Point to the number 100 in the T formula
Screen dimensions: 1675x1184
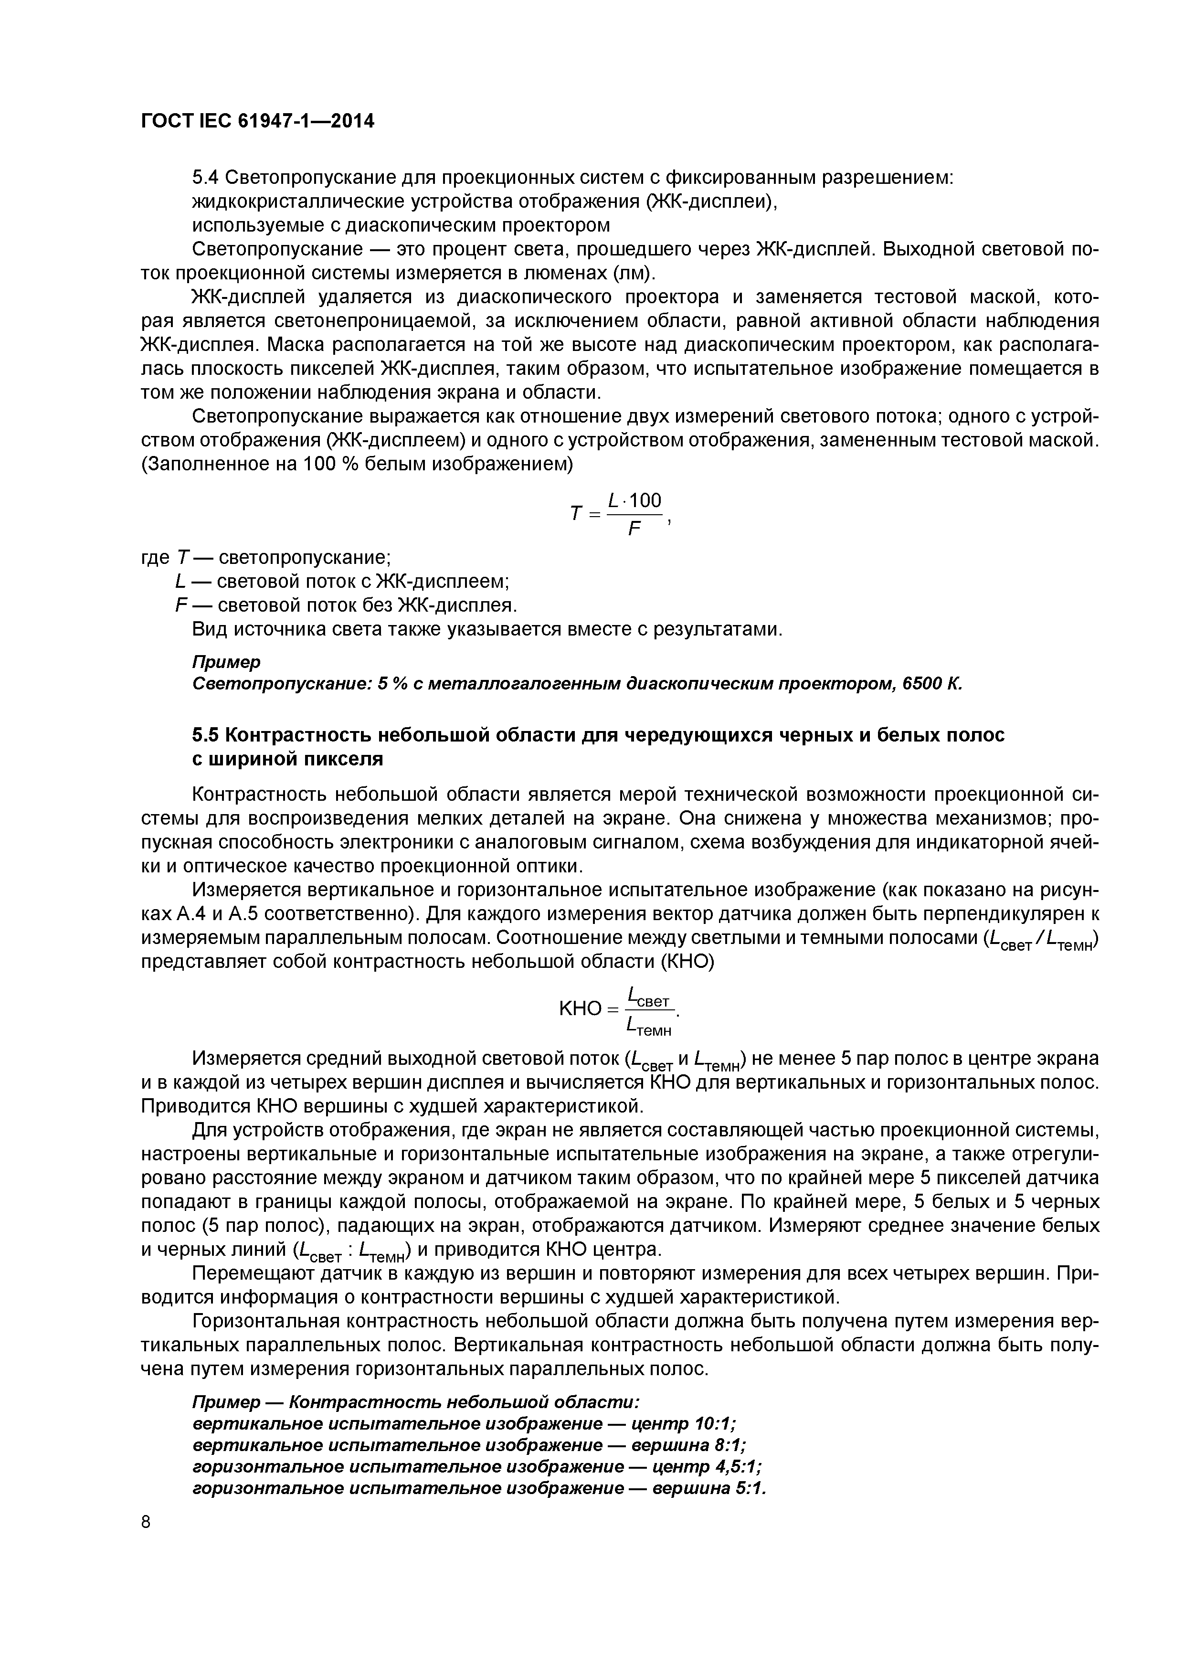pos(645,500)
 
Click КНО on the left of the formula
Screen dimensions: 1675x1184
pos(581,1009)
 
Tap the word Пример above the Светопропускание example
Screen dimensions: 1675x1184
pos(226,662)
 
